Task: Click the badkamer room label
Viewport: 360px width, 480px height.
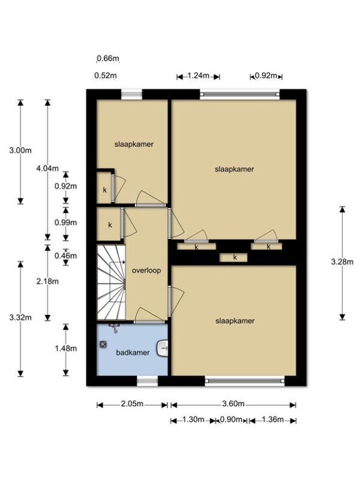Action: point(133,352)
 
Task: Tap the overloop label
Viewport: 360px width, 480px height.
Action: point(146,271)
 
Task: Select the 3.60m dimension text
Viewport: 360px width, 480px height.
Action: point(233,404)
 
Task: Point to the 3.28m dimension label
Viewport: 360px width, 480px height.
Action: point(342,262)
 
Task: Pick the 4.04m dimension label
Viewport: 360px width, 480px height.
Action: point(47,168)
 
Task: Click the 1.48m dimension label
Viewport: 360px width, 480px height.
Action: point(66,349)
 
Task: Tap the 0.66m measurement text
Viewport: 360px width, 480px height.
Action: point(108,58)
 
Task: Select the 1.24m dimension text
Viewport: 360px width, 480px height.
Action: point(198,76)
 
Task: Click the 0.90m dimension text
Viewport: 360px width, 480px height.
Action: point(231,419)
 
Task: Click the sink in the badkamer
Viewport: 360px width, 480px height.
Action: point(163,349)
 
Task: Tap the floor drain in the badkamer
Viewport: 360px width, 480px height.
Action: point(103,344)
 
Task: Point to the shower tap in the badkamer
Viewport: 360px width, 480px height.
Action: point(115,328)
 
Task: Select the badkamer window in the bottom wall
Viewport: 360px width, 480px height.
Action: point(147,381)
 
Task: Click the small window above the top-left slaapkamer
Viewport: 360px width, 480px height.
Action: point(131,94)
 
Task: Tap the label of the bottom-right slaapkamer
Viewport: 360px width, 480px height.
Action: point(235,321)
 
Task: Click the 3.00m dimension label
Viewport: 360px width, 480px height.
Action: point(20,151)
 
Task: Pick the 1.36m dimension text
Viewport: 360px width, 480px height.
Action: point(272,419)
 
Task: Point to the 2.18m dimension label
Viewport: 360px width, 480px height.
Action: point(47,281)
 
